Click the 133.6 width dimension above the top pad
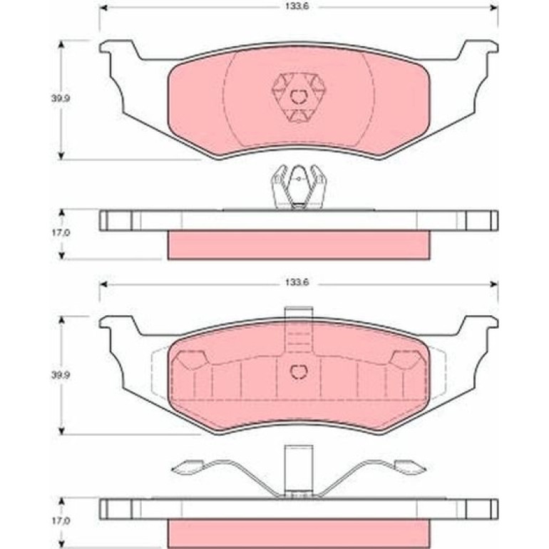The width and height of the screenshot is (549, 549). tap(297, 6)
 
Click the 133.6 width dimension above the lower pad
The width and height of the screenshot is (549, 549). tap(297, 282)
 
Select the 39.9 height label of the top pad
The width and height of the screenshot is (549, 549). tap(61, 98)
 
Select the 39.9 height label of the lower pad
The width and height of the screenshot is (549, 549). tap(61, 375)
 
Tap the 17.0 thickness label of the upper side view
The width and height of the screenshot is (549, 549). tap(61, 232)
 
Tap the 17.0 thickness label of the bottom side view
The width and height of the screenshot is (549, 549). tap(61, 520)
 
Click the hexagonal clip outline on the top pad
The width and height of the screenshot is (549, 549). tap(299, 97)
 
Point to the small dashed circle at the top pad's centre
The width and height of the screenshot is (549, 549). tap(299, 97)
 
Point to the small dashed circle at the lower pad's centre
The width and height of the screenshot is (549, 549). tap(299, 372)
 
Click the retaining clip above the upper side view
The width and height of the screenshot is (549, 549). tap(299, 188)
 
